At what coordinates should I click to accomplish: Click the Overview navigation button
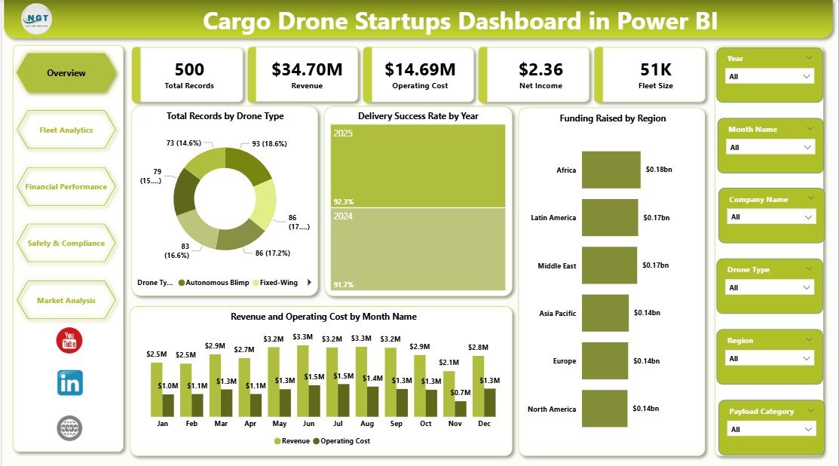pyautogui.click(x=66, y=73)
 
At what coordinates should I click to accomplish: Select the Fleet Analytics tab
pyautogui.click(x=66, y=130)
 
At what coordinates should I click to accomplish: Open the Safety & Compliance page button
pyautogui.click(x=66, y=243)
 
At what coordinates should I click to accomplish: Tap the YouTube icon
pyautogui.click(x=69, y=340)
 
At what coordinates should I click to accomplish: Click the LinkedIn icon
pyautogui.click(x=70, y=383)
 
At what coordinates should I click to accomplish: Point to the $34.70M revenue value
pyautogui.click(x=307, y=70)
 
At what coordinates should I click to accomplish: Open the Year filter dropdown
pyautogui.click(x=770, y=77)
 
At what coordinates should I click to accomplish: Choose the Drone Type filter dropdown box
pyautogui.click(x=770, y=287)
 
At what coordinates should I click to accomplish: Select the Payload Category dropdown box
pyautogui.click(x=770, y=429)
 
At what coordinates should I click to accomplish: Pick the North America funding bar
pyautogui.click(x=605, y=409)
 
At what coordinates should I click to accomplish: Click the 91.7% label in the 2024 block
pyautogui.click(x=344, y=284)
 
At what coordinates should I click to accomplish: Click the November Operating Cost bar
pyautogui.click(x=461, y=408)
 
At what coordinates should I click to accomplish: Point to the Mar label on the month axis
pyautogui.click(x=221, y=424)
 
